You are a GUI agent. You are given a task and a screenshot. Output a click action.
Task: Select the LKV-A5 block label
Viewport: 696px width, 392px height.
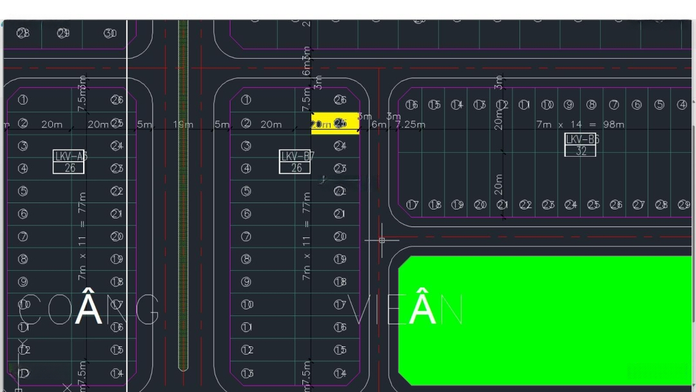[70, 156]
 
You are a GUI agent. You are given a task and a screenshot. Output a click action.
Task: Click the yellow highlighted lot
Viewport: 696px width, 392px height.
[335, 123]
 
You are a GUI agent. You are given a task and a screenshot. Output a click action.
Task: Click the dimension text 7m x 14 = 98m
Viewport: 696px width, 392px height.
[580, 124]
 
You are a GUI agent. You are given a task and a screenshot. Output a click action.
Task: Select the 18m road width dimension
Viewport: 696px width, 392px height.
[183, 124]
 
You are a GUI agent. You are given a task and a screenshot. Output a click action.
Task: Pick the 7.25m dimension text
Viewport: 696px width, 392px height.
[411, 124]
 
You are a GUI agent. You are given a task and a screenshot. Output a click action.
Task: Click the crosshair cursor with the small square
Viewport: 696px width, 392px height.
[382, 240]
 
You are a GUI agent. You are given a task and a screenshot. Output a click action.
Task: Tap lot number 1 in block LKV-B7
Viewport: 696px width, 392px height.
[246, 100]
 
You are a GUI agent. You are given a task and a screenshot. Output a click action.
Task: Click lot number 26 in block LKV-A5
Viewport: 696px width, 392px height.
[117, 100]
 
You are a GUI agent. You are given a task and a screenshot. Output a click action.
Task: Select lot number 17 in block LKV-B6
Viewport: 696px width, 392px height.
[412, 205]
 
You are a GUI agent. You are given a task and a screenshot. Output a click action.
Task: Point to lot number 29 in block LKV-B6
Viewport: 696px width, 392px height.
[684, 205]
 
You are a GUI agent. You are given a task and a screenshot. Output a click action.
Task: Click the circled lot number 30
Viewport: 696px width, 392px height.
[110, 33]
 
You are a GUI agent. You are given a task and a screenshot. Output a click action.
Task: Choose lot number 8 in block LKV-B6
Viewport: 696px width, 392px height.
[591, 104]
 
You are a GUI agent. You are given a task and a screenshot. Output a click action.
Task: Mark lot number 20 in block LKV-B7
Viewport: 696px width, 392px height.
[340, 237]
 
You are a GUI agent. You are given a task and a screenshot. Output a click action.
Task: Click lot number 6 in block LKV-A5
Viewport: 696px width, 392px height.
[23, 214]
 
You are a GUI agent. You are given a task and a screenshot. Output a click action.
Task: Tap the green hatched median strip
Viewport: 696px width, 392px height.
[183, 193]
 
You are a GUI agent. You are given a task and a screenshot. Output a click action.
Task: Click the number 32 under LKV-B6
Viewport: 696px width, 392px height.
[580, 151]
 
